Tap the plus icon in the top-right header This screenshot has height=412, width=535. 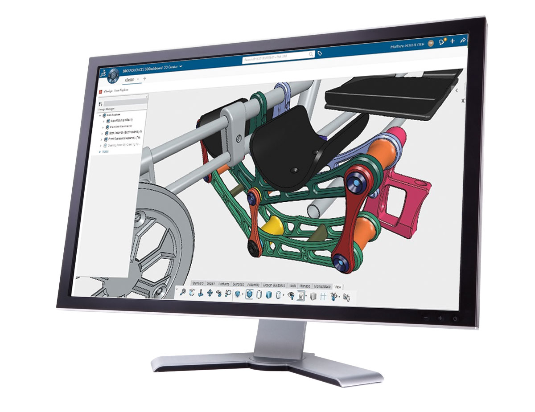click(x=452, y=41)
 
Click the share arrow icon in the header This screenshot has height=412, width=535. click(x=463, y=40)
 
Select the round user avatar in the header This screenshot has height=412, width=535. click(x=430, y=43)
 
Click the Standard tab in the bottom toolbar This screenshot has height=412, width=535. click(x=198, y=283)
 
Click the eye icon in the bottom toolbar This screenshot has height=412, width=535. click(x=291, y=295)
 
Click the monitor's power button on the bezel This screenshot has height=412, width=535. click(x=454, y=318)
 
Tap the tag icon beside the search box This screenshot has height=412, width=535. click(x=319, y=53)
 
